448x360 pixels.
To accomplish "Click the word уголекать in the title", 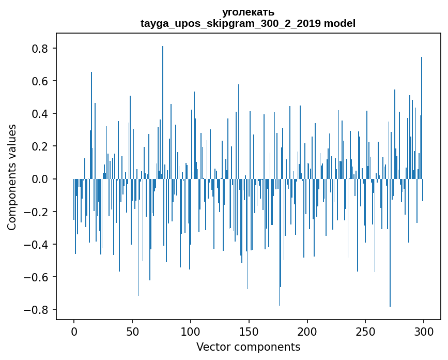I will click(248, 12).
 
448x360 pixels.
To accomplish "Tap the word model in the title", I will click(339, 23).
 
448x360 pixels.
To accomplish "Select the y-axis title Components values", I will click(12, 177).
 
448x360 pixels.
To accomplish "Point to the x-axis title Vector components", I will click(248, 347).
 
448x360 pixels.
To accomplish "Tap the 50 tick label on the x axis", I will click(132, 331).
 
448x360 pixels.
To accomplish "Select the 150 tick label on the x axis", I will click(249, 331).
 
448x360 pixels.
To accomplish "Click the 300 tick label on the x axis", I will click(424, 331).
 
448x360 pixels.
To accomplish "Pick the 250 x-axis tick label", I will click(365, 331).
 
